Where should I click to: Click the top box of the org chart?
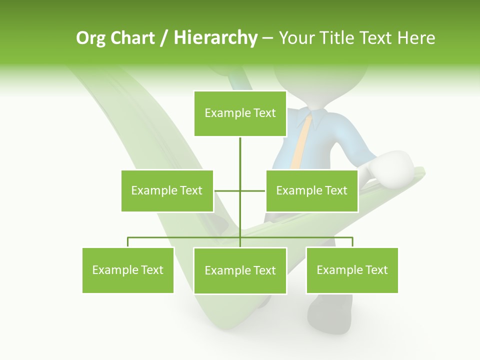tap(240, 113)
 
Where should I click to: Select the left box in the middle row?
tap(167, 190)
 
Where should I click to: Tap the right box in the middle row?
tap(311, 190)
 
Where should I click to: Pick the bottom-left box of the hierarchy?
tap(128, 270)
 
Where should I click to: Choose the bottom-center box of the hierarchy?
tap(240, 270)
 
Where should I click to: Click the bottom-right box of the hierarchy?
tap(352, 270)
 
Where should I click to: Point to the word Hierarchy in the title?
tap(215, 38)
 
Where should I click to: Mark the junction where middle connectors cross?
tap(240, 190)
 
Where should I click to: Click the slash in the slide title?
tap(163, 38)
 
